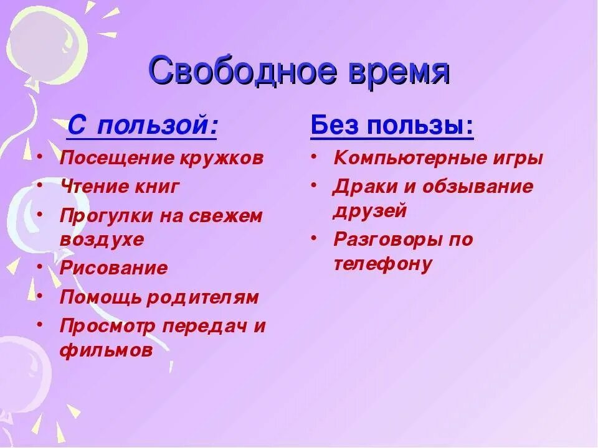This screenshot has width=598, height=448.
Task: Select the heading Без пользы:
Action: coord(392,127)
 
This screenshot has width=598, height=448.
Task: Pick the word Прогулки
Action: coord(103,216)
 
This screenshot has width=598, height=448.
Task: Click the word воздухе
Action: coord(102,240)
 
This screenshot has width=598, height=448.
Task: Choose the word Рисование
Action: coord(113,268)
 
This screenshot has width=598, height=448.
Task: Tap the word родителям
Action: coord(202,297)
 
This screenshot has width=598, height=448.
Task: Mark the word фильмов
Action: coord(106,350)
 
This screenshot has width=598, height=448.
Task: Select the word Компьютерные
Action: coord(409,158)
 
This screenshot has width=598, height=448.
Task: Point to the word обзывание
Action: coord(477,187)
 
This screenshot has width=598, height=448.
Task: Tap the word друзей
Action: coord(370,211)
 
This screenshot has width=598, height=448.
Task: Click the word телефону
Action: coord(382,264)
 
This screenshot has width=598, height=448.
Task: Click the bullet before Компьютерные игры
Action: coord(315,156)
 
